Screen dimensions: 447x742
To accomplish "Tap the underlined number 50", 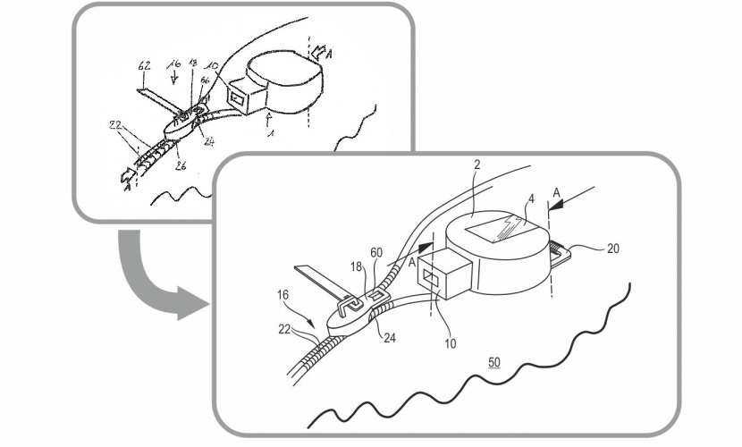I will pos(494,362).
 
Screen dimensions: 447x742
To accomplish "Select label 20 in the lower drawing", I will pos(613,250).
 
